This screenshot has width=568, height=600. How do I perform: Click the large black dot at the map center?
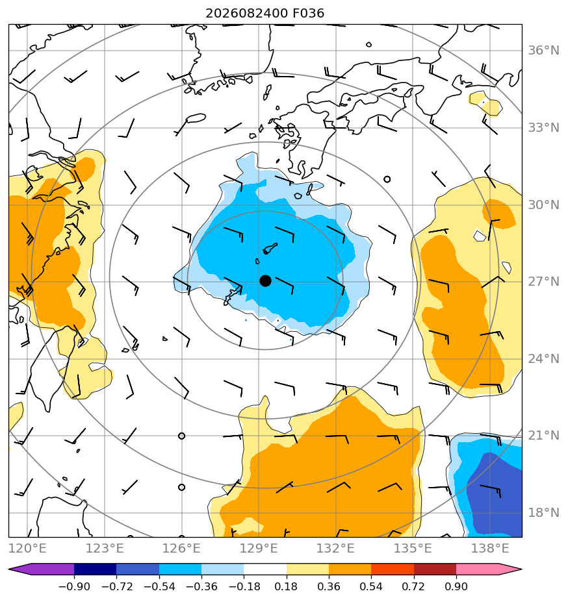265,281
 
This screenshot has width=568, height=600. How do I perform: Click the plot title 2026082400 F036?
265,14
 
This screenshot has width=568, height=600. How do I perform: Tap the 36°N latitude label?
543,51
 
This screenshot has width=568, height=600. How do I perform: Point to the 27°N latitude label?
543,282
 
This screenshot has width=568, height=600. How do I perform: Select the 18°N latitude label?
543,513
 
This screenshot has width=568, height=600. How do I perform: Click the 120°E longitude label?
27,548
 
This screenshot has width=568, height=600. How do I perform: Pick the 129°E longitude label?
259,548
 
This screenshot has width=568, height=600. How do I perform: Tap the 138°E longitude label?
490,548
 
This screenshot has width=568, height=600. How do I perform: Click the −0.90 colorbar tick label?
74,586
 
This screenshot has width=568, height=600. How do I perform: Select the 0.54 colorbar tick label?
371,586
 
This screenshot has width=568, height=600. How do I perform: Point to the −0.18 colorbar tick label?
244,586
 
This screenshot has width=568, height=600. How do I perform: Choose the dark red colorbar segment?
435,569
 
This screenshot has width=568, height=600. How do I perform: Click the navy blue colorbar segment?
95,569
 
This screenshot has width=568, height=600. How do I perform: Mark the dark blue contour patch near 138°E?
497,494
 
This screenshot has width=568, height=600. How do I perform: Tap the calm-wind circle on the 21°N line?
181,436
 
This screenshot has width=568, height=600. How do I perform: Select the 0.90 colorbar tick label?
456,586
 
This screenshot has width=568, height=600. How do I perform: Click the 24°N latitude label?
543,359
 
